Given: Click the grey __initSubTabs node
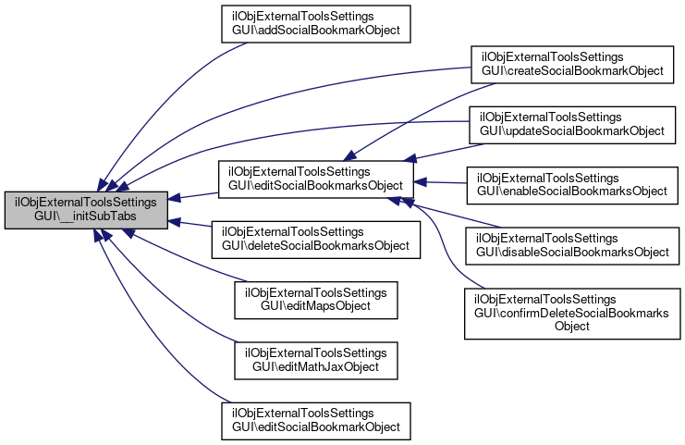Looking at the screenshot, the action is coord(86,210).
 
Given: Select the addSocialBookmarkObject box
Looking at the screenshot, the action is coord(316,24).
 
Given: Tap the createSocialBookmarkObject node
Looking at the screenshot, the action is coord(572,65).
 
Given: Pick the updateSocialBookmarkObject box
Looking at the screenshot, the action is coord(572,125).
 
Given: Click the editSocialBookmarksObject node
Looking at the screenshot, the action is coord(316,179).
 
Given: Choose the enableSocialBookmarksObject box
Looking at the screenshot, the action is coord(572,185).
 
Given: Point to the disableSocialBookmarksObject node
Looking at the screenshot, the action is coord(572,246).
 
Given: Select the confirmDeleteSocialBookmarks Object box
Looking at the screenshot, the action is coord(572,314).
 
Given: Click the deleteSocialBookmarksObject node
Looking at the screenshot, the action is coord(316,240).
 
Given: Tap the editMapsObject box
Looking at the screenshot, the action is coord(316,301).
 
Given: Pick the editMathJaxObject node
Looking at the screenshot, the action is coord(316,361).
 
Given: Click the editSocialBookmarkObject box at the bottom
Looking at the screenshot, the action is coord(316,421).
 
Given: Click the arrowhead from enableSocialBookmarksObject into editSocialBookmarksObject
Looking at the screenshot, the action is coord(420,182).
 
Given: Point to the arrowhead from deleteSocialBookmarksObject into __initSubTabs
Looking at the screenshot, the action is coord(175,222).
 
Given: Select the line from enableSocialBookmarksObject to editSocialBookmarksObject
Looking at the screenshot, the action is coord(440,183).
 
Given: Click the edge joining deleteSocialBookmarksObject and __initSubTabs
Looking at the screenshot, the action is coord(190,224).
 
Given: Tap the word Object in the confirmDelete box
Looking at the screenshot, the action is coord(572,327).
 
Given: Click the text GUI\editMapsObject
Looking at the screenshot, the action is coord(316,306).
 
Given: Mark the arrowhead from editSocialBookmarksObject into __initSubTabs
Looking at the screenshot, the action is coord(175,198).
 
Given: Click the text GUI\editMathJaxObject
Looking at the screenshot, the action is coord(316,366).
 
